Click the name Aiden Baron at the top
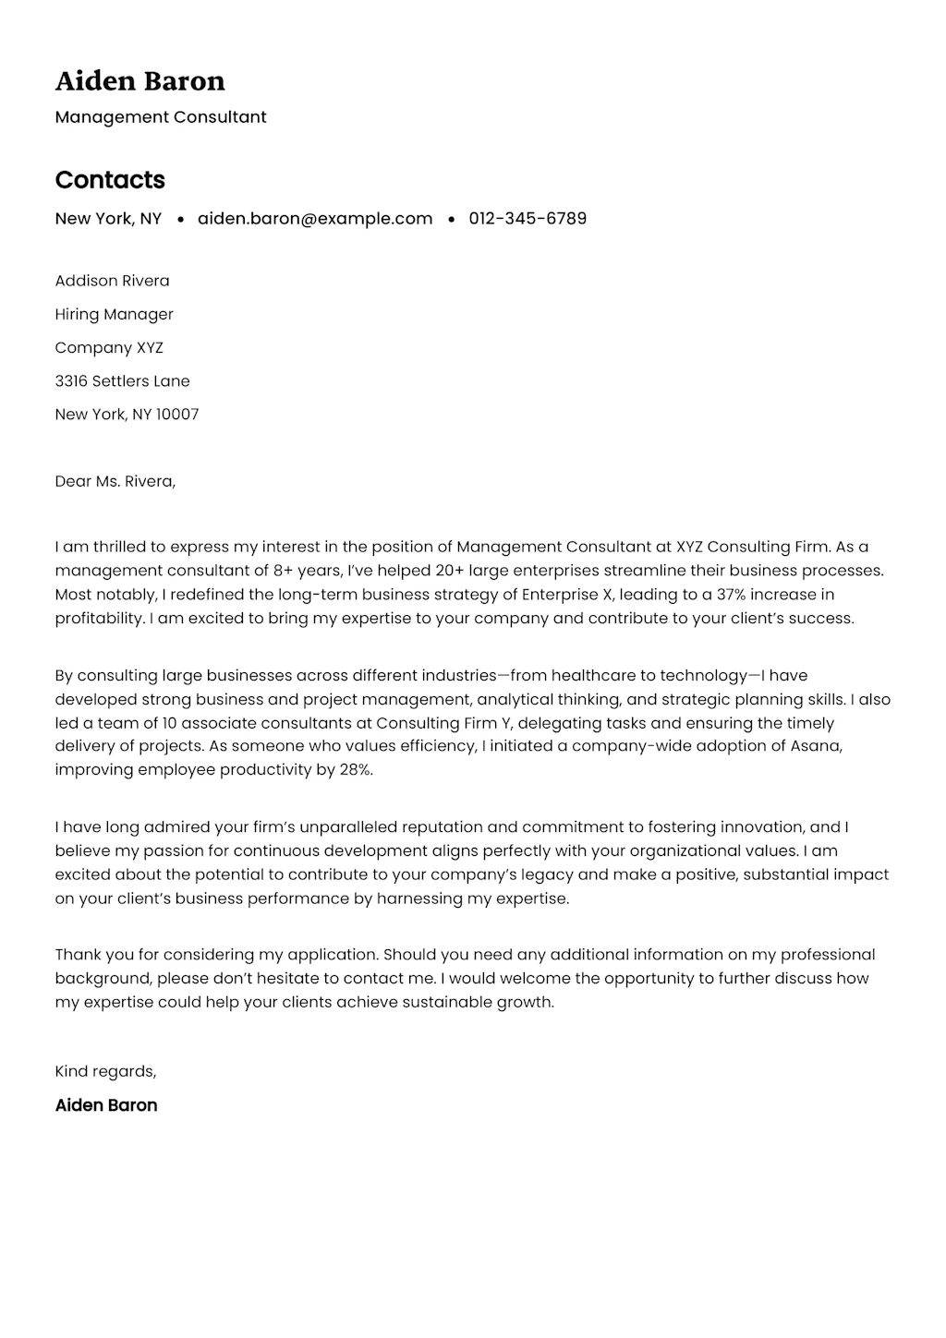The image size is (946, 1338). coord(139,81)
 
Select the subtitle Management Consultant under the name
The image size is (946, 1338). coord(161,117)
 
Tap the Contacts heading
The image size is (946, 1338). coord(110,180)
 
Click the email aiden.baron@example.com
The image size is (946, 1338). coord(315,219)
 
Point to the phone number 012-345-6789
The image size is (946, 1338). coord(528,219)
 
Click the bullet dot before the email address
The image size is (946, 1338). coord(180,220)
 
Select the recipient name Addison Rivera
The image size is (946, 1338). coord(112,281)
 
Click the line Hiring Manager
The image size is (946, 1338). coord(114,314)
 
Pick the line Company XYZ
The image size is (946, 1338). coord(109,347)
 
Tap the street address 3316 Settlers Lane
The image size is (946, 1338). coord(122,380)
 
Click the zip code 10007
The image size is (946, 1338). coord(177,415)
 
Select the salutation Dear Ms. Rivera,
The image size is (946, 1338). coord(115,481)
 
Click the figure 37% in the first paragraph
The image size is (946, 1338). coord(731,595)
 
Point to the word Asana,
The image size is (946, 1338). coord(816,746)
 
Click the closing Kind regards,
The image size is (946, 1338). coord(105,1071)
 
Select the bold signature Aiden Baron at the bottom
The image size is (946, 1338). coord(106,1105)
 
